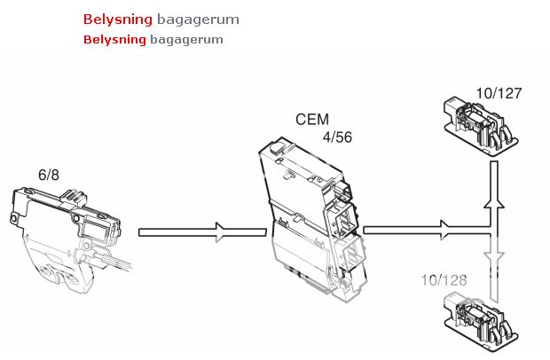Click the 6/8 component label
pos(49,175)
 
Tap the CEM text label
pos(312,119)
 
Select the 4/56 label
pos(337,137)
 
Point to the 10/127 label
pos(499,93)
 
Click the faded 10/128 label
pos(444,280)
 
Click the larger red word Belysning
pos(118,20)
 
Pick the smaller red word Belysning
pos(114,40)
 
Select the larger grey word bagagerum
pos(198,20)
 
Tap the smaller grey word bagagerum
pos(186,40)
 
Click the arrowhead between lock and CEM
pos(221,232)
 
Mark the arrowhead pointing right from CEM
pos(445,230)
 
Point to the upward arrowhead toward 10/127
pos(494,204)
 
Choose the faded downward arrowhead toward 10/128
pos(494,257)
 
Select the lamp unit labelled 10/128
pos(481,322)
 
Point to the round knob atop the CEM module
pos(277,147)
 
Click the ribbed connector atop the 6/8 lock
pos(74,197)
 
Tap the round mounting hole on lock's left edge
pos(13,219)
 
